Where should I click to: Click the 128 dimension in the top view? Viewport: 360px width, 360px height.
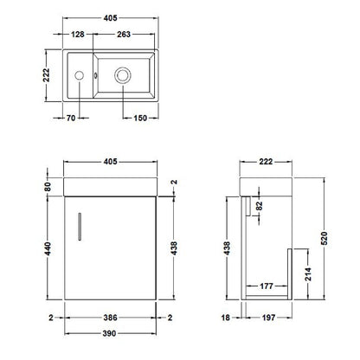[x=78, y=35]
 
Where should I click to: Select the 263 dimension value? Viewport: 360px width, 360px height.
[x=124, y=35]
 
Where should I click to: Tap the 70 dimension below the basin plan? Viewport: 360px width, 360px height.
[x=71, y=118]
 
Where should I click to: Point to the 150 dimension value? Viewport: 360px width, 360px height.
[x=140, y=118]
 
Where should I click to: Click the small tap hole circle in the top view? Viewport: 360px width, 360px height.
[x=79, y=75]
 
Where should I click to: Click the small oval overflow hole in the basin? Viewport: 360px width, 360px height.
[x=95, y=75]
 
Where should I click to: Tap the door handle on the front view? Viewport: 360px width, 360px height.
[x=80, y=227]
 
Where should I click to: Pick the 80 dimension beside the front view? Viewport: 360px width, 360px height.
[x=48, y=187]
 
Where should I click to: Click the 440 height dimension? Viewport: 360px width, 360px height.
[x=48, y=248]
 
